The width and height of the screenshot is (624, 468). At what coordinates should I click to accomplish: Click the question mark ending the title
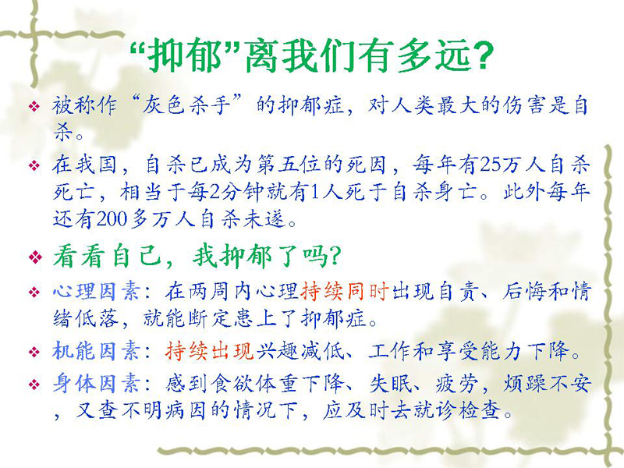[x=481, y=55]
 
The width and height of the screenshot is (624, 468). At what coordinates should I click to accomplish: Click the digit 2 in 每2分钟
[x=214, y=191]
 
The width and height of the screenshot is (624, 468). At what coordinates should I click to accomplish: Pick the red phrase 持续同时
[x=345, y=292]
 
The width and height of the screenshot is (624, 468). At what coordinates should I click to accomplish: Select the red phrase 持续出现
[x=210, y=351]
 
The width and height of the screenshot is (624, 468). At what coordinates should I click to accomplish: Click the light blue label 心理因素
[x=96, y=292]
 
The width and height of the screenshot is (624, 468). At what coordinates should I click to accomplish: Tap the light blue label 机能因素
[x=96, y=351]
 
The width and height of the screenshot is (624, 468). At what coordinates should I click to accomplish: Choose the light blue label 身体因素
[x=96, y=384]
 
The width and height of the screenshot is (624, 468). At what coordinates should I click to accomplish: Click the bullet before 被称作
[x=35, y=106]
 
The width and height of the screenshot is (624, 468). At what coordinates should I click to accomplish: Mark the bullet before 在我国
[x=35, y=165]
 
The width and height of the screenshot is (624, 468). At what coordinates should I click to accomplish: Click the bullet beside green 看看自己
[x=35, y=257]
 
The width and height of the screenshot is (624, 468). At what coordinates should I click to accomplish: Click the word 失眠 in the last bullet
[x=391, y=384]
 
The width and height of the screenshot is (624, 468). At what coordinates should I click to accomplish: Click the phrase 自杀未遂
[x=243, y=218]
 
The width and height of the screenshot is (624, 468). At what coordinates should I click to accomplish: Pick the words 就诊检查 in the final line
[x=457, y=410]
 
